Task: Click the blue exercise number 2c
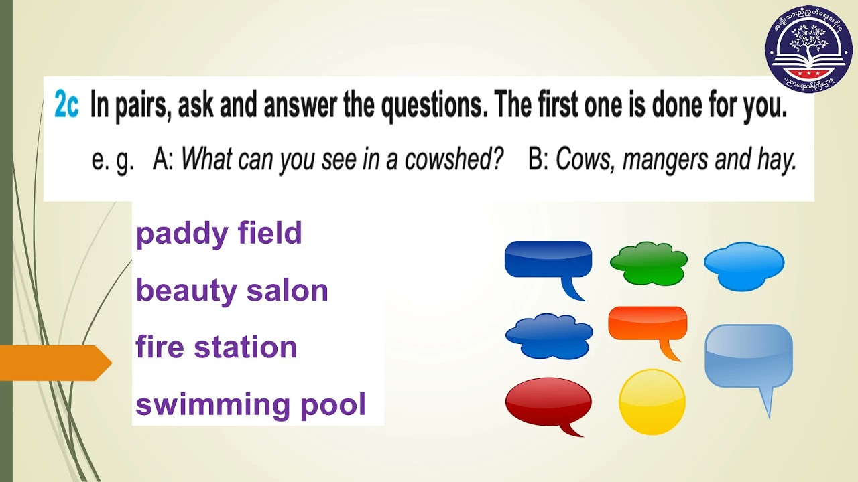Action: tap(66, 106)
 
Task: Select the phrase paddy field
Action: tap(219, 234)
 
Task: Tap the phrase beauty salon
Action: tap(232, 291)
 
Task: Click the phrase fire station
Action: tap(216, 347)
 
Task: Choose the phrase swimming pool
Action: tap(251, 405)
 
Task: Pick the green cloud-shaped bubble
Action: tap(648, 263)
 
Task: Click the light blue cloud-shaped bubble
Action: tap(743, 266)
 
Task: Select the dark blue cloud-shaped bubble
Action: tap(549, 335)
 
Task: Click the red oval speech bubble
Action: tap(548, 402)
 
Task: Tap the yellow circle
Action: tap(652, 402)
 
